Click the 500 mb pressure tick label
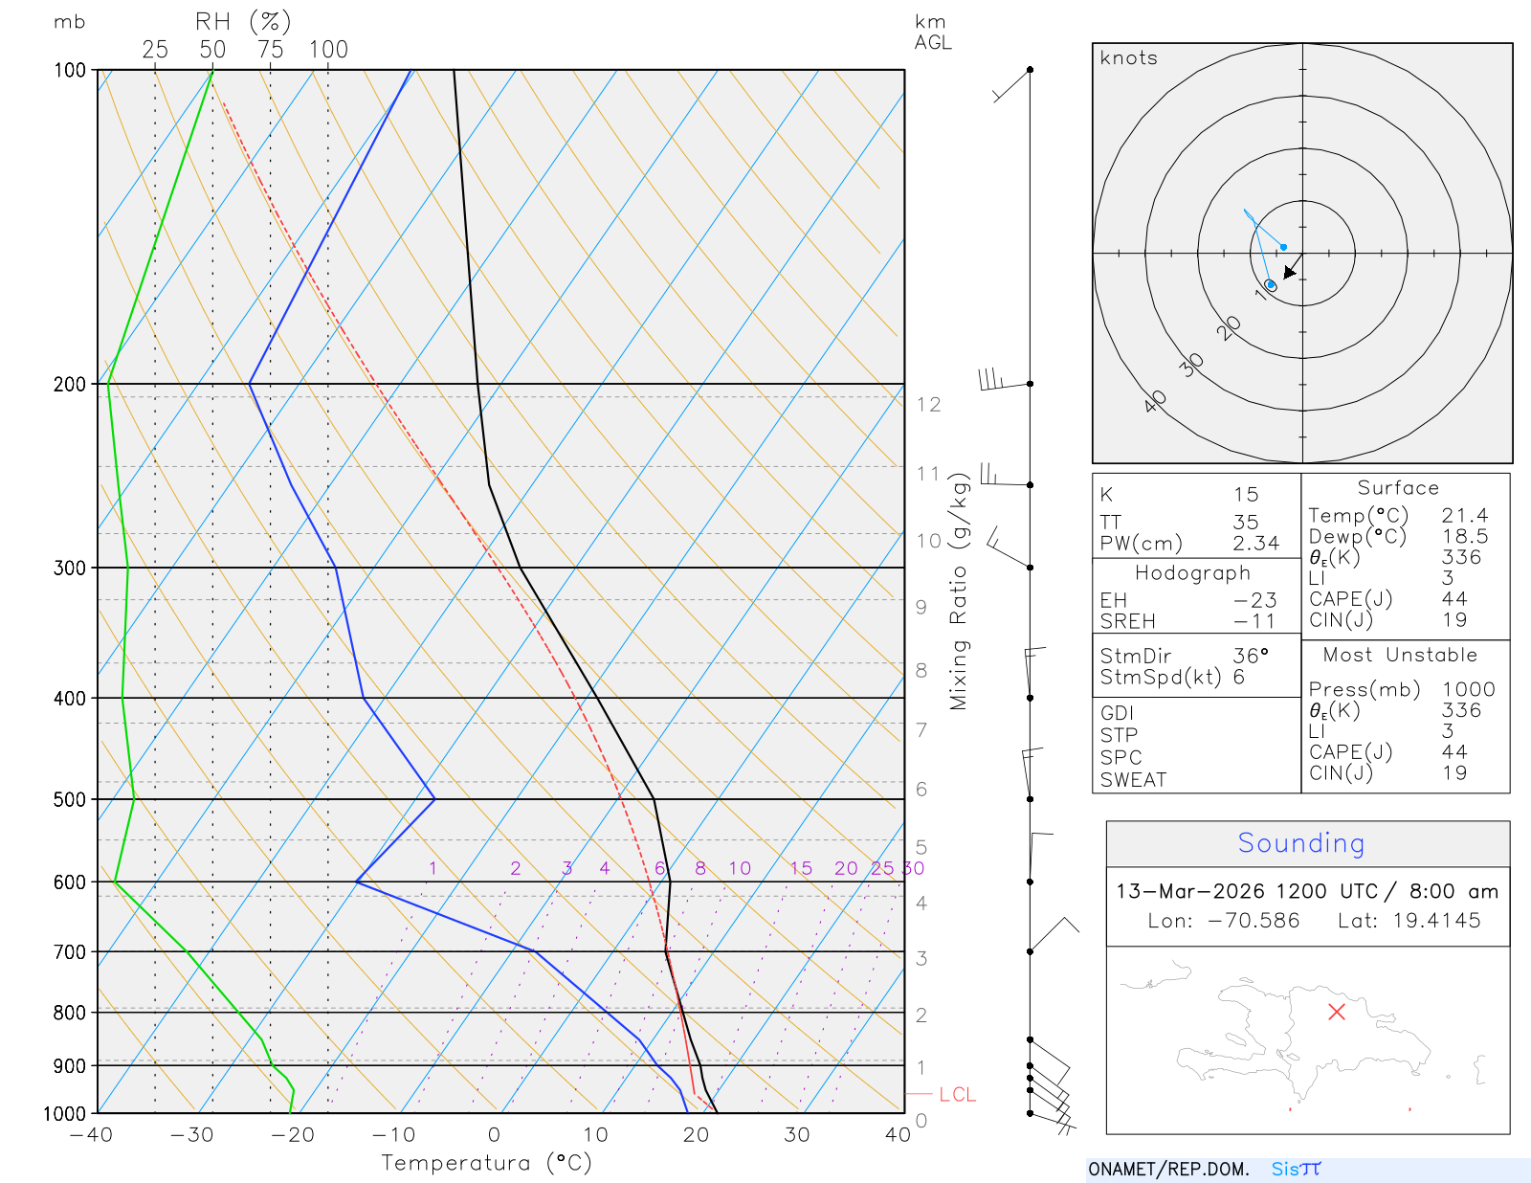69,799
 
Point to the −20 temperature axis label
292,1135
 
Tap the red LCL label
957,1095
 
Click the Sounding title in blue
1300,843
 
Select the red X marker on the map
1337,1012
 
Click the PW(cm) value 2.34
1255,544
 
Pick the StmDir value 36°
1251,657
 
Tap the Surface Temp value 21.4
1465,516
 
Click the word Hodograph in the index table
1192,573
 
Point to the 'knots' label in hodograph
1128,58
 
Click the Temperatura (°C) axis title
486,1163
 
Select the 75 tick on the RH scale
271,50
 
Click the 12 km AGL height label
928,405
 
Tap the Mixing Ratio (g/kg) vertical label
959,591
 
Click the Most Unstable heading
1400,656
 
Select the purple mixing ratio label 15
801,868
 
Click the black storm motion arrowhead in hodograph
1290,273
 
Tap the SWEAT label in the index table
1133,780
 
